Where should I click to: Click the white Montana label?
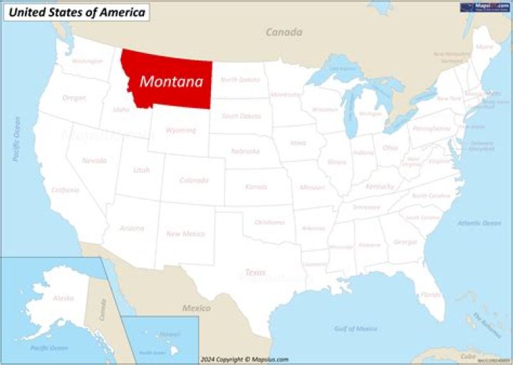(x=171, y=82)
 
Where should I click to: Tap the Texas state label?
(x=255, y=273)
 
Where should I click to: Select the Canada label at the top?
(x=284, y=32)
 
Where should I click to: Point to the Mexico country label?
(x=196, y=308)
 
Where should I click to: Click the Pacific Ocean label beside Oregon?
(x=16, y=139)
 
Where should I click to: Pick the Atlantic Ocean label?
(x=479, y=223)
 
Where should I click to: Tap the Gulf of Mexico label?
(x=355, y=328)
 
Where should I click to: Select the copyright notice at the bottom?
(x=244, y=359)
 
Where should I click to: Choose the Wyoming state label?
(x=181, y=130)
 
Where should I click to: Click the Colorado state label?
(x=194, y=180)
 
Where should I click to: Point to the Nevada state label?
(x=94, y=161)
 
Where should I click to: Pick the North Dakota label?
(x=239, y=80)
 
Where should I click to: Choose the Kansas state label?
(x=256, y=186)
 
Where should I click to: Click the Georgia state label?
(x=405, y=242)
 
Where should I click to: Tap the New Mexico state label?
(x=185, y=233)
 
